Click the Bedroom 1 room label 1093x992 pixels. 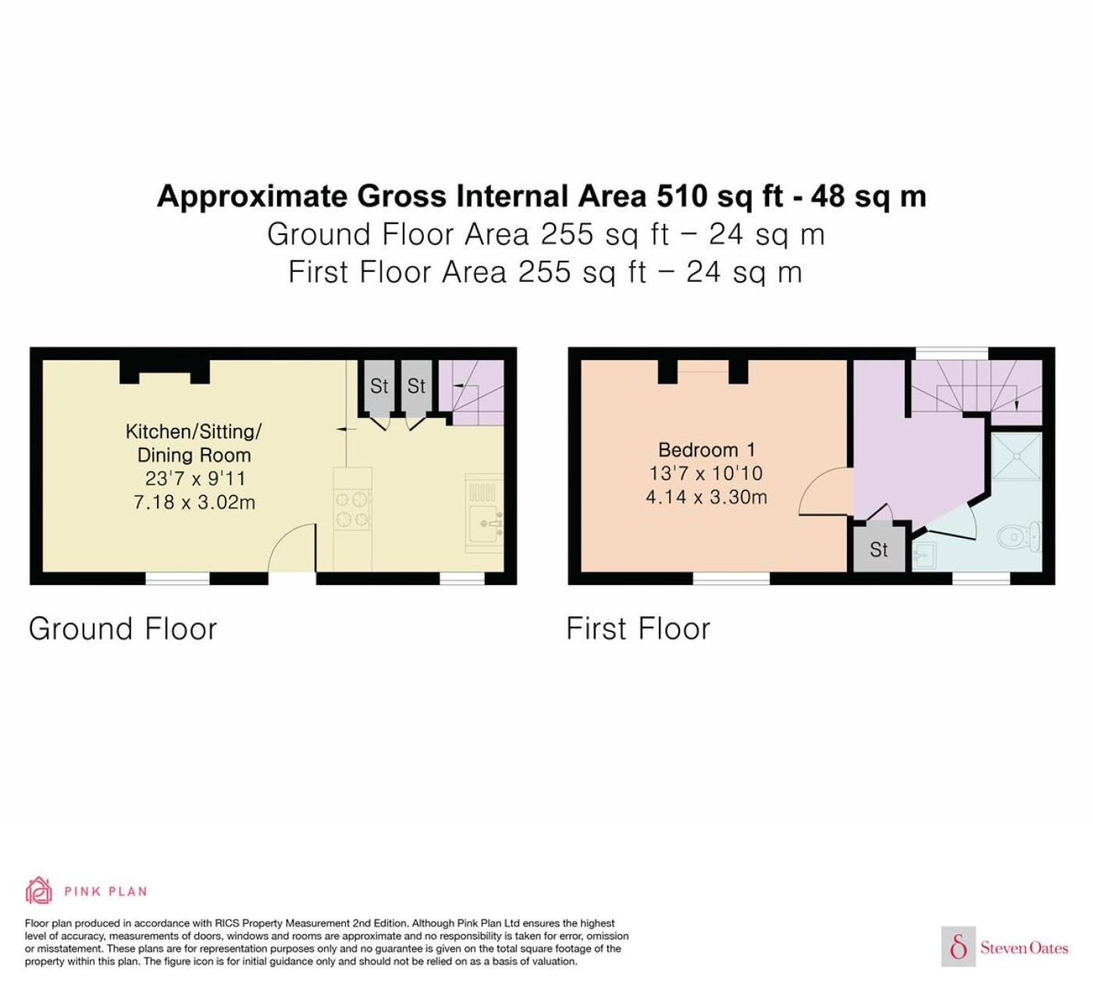coord(707,450)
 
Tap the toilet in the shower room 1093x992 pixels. coord(1020,537)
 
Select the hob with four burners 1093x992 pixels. coord(353,510)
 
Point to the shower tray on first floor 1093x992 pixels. coord(1016,456)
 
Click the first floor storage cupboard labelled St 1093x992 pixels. coord(879,549)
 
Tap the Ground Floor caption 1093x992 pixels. coord(123,629)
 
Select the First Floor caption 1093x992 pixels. coord(638,629)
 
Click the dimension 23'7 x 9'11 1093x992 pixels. coord(195,478)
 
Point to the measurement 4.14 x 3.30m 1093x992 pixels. coord(707,497)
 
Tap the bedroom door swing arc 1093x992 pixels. coord(818,485)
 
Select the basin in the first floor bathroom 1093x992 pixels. coord(924,556)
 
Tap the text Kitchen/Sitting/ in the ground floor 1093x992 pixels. coord(194,431)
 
